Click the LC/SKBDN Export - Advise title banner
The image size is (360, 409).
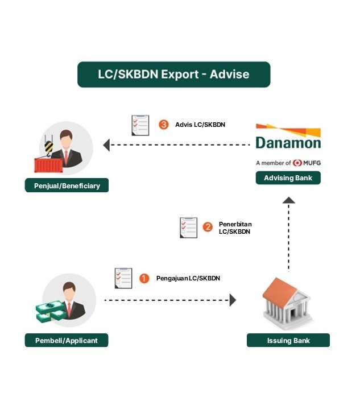173,75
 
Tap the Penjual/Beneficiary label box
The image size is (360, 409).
67,185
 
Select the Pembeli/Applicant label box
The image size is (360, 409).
67,340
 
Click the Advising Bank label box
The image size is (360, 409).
288,177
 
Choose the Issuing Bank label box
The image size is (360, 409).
288,340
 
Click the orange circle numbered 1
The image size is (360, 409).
144,278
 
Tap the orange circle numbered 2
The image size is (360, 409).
208,227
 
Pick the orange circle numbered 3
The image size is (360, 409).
164,125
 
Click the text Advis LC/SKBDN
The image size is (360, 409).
200,125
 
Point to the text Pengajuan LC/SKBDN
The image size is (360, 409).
188,278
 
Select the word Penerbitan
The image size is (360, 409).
235,224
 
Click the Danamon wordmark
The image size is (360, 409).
288,143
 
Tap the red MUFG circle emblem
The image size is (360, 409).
297,163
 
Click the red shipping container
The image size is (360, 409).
48,166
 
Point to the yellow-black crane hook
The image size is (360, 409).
48,147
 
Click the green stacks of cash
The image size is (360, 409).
51,311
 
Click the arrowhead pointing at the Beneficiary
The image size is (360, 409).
106,145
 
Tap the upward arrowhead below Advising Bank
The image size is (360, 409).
289,200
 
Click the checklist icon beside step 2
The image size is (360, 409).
188,228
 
